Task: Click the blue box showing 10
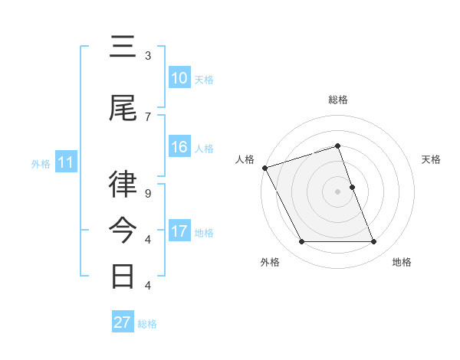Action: pos(179,78)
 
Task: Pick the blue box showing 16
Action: pos(179,147)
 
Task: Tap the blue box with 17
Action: pos(179,231)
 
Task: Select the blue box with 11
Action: pos(65,162)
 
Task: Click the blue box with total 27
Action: pos(123,322)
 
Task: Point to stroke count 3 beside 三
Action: pos(148,56)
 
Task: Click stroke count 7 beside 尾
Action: pos(148,116)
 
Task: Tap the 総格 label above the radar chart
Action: pos(337,100)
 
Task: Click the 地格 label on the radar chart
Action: pos(402,263)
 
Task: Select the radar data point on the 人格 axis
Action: pos(264,168)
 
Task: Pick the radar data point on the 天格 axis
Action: pos(352,186)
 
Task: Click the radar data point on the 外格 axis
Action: pos(301,242)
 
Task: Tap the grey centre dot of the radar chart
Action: pos(337,191)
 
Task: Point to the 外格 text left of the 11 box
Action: pos(40,163)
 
